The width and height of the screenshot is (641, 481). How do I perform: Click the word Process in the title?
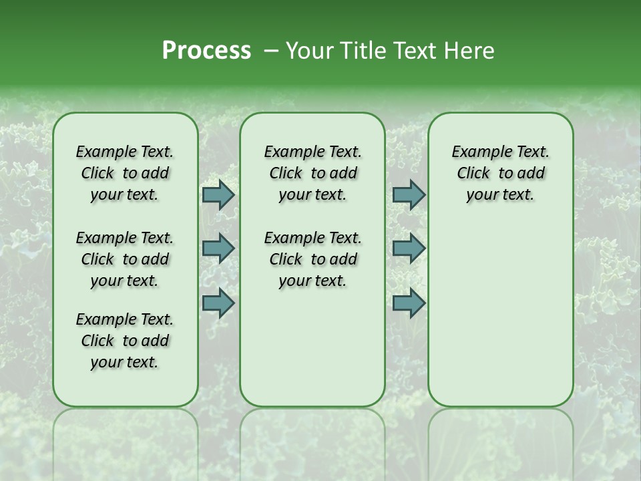point(206,50)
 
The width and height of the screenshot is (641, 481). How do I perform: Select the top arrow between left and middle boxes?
point(218,195)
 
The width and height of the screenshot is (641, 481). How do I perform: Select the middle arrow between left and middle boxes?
point(218,249)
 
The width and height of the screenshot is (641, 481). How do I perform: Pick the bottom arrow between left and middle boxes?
point(218,303)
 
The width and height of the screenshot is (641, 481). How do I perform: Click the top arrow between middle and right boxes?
point(409,195)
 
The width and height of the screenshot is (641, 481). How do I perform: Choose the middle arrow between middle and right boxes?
point(409,249)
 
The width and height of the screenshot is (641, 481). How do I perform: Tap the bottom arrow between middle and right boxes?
point(409,303)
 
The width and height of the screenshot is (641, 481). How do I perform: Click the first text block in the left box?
point(125,173)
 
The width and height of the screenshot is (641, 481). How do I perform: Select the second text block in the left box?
point(125,259)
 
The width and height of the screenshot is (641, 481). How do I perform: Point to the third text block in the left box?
point(125,341)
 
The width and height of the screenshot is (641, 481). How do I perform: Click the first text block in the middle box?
point(312,173)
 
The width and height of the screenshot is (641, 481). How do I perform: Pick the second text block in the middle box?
point(312,259)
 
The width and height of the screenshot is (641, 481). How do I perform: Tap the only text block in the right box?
point(501,173)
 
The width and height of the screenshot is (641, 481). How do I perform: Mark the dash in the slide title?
point(271,51)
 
